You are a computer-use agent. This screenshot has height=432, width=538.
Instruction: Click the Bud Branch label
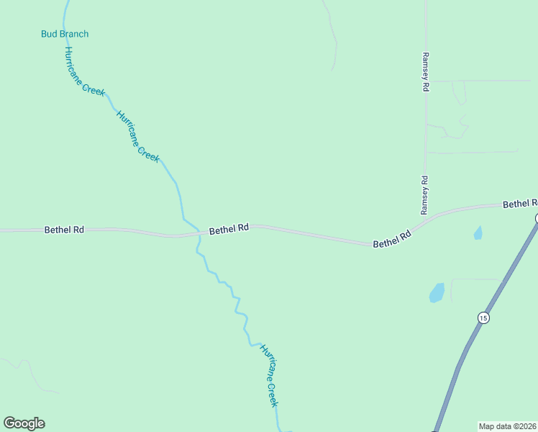click(x=65, y=34)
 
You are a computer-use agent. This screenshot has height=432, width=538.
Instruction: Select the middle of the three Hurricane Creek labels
click(x=137, y=137)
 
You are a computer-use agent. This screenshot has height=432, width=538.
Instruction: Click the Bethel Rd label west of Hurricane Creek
click(x=65, y=230)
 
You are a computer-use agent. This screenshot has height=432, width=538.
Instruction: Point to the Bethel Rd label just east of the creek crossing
click(x=229, y=230)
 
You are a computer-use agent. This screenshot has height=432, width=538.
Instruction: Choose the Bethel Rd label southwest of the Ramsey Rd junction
click(x=392, y=239)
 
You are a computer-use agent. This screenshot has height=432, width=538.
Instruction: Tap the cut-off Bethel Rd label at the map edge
click(x=519, y=204)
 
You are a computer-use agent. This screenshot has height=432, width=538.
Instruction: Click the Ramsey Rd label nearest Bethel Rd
click(x=424, y=195)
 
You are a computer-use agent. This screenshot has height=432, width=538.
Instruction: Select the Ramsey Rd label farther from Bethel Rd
click(x=426, y=71)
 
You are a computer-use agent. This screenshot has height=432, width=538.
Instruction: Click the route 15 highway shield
click(x=483, y=318)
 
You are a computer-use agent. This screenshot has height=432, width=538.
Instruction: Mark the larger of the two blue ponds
click(x=437, y=292)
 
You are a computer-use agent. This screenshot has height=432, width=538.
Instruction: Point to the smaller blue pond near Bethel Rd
click(x=478, y=233)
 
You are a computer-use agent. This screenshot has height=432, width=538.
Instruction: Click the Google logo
click(x=24, y=423)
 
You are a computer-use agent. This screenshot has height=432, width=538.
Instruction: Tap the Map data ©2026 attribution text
click(x=507, y=426)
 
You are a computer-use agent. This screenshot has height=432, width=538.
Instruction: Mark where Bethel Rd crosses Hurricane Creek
click(x=197, y=233)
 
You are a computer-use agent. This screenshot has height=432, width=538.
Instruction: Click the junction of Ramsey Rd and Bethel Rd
click(x=425, y=221)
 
